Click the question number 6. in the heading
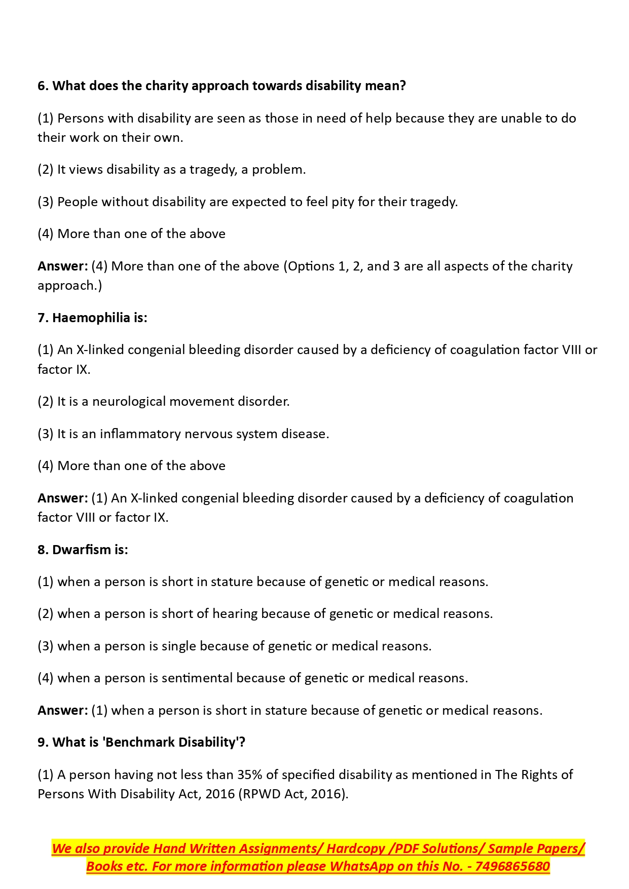[x=43, y=86]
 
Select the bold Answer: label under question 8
[x=63, y=710]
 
